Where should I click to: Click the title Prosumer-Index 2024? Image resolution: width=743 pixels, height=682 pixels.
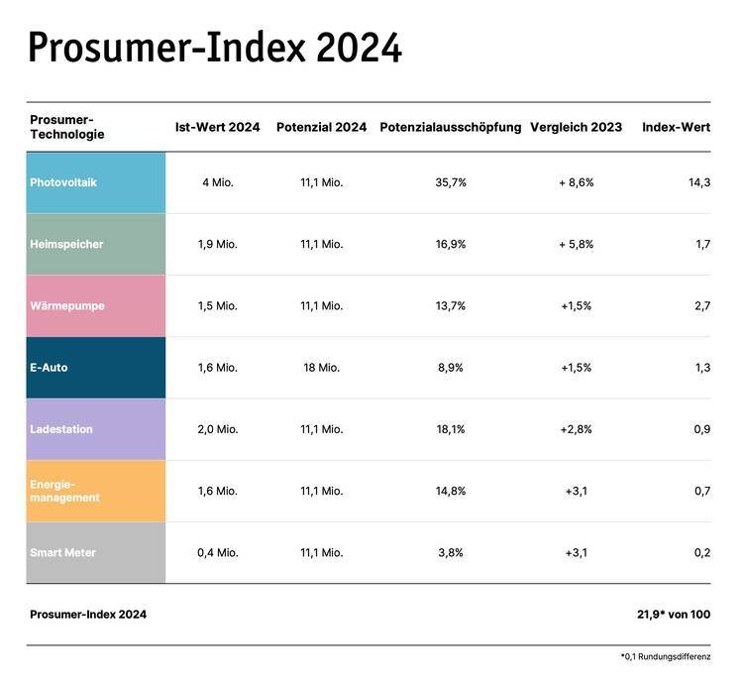pyautogui.click(x=214, y=48)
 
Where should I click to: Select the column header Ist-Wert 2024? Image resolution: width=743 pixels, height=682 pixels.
pyautogui.click(x=217, y=128)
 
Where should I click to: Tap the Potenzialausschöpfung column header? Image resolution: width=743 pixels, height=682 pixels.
pyautogui.click(x=451, y=128)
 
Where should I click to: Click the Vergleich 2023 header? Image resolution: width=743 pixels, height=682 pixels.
pyautogui.click(x=576, y=128)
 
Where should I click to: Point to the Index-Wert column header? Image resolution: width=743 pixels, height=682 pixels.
pyautogui.click(x=676, y=128)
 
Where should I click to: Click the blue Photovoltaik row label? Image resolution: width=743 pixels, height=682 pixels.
pyautogui.click(x=96, y=182)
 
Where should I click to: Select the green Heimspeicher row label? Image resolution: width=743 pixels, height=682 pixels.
pyautogui.click(x=96, y=244)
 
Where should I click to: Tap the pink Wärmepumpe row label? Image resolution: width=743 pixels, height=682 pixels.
pyautogui.click(x=96, y=305)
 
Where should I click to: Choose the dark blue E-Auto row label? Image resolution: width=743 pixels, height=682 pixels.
pyautogui.click(x=96, y=368)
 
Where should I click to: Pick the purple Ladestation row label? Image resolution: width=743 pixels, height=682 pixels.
pyautogui.click(x=96, y=429)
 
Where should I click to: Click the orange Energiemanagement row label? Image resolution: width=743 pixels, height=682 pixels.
pyautogui.click(x=96, y=491)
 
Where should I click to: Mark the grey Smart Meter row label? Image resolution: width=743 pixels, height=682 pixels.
pyautogui.click(x=96, y=552)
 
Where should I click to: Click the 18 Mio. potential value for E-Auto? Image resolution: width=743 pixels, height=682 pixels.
pyautogui.click(x=321, y=368)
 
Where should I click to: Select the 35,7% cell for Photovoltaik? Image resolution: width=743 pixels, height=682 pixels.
pyautogui.click(x=450, y=182)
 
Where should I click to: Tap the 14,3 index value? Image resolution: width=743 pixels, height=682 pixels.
pyautogui.click(x=698, y=182)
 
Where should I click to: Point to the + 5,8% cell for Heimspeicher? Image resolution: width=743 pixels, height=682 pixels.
pyautogui.click(x=576, y=244)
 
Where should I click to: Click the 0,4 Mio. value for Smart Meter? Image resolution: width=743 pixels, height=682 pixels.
pyautogui.click(x=217, y=552)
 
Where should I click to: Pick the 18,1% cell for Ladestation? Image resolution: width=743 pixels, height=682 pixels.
pyautogui.click(x=450, y=429)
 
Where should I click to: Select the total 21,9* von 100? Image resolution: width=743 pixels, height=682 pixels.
pyautogui.click(x=673, y=615)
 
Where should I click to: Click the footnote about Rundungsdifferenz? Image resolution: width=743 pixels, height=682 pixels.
pyautogui.click(x=665, y=657)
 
